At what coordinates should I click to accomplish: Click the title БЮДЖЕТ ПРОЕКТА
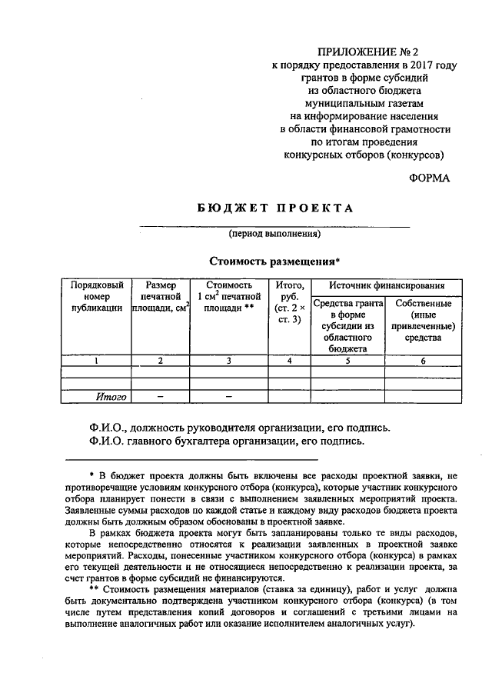pyautogui.click(x=274, y=208)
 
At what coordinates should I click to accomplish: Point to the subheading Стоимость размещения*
pyautogui.click(x=274, y=260)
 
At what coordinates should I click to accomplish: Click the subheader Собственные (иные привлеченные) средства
pyautogui.click(x=423, y=320)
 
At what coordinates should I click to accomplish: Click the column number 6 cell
pyautogui.click(x=423, y=360)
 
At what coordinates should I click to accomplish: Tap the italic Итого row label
pyautogui.click(x=111, y=397)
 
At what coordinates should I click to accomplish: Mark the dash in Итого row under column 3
pyautogui.click(x=228, y=397)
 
